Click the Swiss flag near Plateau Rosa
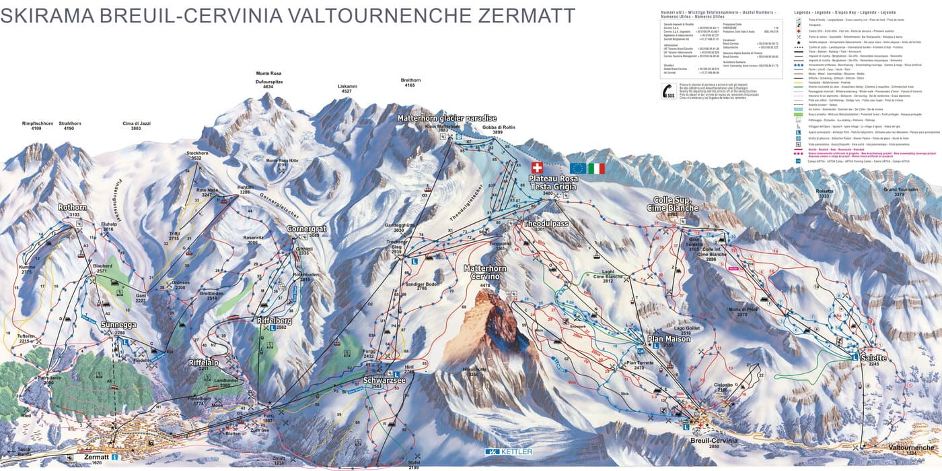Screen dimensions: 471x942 coord(536,168)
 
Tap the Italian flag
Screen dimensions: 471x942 coord(596,168)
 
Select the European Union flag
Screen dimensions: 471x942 coord(577,168)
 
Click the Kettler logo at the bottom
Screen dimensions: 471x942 coord(509,451)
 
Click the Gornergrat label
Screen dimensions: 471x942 coord(307,229)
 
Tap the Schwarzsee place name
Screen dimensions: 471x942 coord(384,380)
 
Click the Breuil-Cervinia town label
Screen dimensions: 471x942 coord(715,439)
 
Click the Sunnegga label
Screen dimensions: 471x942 coord(113,325)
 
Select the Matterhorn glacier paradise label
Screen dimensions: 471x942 coord(447,119)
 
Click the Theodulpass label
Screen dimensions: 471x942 coord(546,222)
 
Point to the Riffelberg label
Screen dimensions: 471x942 coord(274,321)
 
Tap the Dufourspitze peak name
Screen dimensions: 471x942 coord(268,81)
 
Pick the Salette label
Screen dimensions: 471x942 coord(873,358)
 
